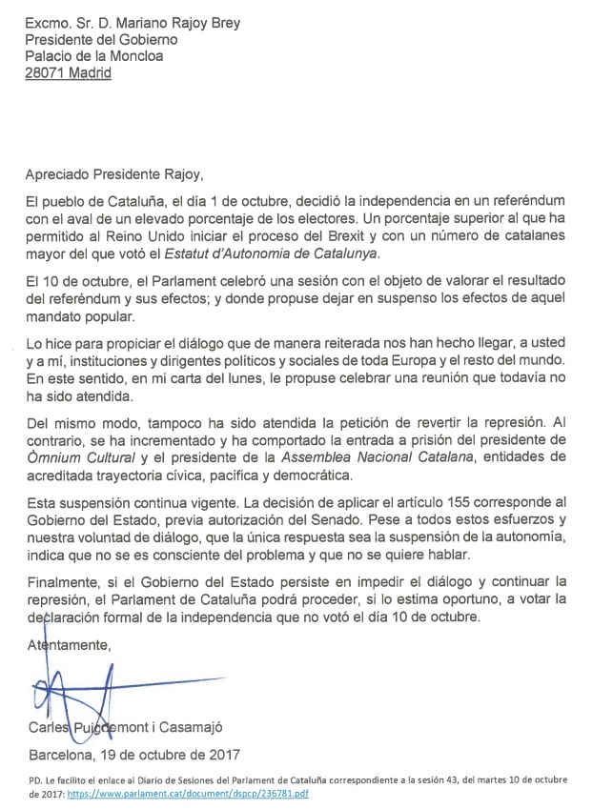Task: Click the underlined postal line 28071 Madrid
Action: (x=67, y=72)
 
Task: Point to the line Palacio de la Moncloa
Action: (x=94, y=55)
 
